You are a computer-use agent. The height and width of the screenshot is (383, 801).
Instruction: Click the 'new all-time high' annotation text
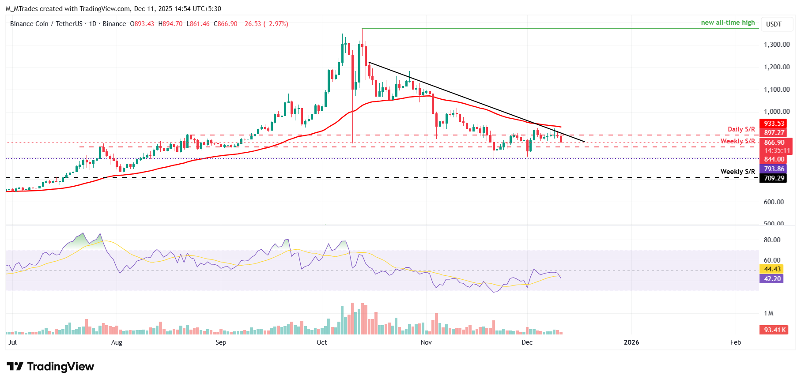[x=728, y=23]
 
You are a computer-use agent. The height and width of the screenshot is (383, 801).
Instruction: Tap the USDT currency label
[x=774, y=24]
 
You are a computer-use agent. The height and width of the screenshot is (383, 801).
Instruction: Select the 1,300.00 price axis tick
[x=777, y=45]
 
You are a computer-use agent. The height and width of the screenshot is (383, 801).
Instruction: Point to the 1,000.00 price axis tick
[x=777, y=112]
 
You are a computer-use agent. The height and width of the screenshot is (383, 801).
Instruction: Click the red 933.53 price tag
[x=774, y=124]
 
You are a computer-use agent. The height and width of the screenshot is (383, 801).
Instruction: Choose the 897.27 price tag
[x=774, y=133]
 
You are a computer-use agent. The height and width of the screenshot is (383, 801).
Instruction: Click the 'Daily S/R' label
[x=741, y=129]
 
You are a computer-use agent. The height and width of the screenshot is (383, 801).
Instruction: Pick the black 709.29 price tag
[x=774, y=178]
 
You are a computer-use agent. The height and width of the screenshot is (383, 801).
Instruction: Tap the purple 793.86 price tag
[x=774, y=169]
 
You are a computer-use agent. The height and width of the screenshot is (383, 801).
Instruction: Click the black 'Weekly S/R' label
[x=737, y=172]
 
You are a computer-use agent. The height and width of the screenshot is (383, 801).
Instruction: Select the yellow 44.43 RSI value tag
[x=772, y=269]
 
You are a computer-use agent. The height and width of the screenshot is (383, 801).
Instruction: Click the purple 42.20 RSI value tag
[x=772, y=279]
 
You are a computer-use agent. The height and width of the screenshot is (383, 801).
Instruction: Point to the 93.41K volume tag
[x=775, y=330]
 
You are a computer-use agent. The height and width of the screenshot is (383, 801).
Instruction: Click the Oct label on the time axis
[x=322, y=342]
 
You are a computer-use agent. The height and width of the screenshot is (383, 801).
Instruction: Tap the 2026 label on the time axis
[x=631, y=342]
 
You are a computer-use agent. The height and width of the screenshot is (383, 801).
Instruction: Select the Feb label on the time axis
[x=736, y=342]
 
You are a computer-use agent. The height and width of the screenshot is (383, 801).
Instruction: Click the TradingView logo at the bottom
[x=50, y=367]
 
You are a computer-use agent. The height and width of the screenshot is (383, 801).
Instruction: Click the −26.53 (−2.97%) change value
[x=264, y=24]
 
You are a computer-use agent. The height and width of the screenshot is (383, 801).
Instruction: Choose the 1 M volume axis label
[x=769, y=313]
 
